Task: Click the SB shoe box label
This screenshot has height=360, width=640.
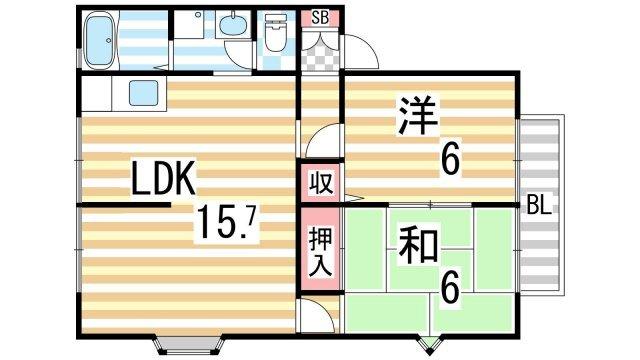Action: (320, 16)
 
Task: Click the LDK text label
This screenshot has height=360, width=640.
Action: (167, 179)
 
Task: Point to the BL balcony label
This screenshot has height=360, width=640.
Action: (539, 207)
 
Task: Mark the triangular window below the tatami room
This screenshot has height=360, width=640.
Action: (430, 345)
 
